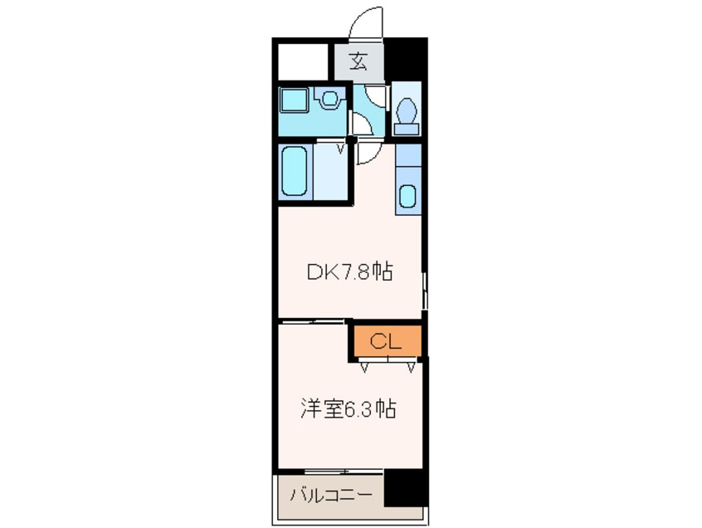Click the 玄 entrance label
coord(358,61)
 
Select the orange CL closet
coord(386,340)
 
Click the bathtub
coord(295,170)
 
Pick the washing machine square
coord(295,101)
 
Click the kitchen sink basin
coord(408,196)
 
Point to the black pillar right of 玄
coord(406,57)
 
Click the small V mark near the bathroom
coord(340,150)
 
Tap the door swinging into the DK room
coord(368,153)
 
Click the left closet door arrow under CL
coord(366,364)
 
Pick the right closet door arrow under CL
coord(412,364)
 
